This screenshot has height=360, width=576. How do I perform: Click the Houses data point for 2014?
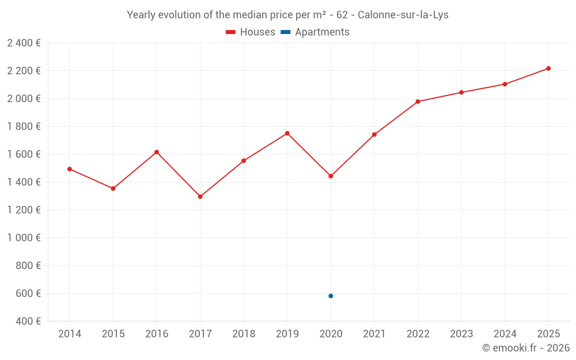pos(70,169)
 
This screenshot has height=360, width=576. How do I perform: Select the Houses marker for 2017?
pos(200,196)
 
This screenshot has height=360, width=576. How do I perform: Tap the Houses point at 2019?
pos(287,133)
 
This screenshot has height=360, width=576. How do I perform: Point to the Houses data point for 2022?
pos(418,101)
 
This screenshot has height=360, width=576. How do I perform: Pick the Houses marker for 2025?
pos(548,69)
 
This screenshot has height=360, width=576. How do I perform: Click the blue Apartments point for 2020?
pos(331,296)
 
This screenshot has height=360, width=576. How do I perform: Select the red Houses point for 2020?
pos(331,176)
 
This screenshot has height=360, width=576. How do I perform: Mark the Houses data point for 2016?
pos(157,152)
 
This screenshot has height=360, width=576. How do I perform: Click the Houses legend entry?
pos(251,32)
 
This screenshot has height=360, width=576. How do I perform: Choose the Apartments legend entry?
pos(316,32)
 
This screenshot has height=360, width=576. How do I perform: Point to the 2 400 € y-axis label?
pos(24,43)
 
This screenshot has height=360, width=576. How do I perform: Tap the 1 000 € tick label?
pos(24,238)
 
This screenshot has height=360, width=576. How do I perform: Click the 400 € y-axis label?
pos(27,321)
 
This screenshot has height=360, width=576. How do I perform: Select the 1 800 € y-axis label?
pos(24,127)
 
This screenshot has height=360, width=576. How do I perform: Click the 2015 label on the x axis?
pos(113,334)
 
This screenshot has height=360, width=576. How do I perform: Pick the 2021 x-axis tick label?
pos(374,334)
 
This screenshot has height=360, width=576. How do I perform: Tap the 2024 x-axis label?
pos(505,334)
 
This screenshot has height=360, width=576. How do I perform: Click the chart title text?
pos(287,15)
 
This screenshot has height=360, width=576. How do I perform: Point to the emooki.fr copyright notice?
pos(526,348)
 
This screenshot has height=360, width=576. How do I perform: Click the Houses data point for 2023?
pos(461,92)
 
